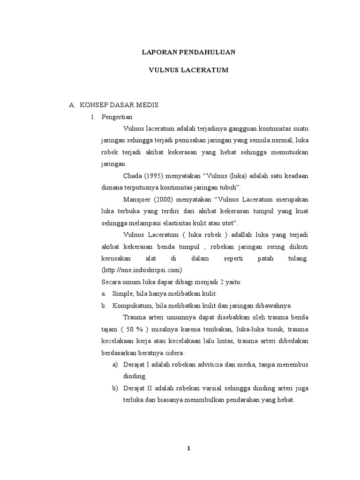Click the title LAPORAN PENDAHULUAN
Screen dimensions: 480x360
point(188,52)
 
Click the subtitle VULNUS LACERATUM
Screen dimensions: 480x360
point(188,70)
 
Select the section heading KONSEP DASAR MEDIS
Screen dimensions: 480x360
point(119,105)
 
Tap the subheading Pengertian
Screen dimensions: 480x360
point(117,117)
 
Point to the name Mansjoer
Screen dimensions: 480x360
point(137,200)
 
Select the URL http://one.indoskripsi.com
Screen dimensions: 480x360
point(142,270)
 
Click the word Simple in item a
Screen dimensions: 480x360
point(123,294)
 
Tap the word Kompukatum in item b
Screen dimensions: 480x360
point(131,306)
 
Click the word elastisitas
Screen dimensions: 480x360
point(179,223)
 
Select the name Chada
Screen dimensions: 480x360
point(132,176)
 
